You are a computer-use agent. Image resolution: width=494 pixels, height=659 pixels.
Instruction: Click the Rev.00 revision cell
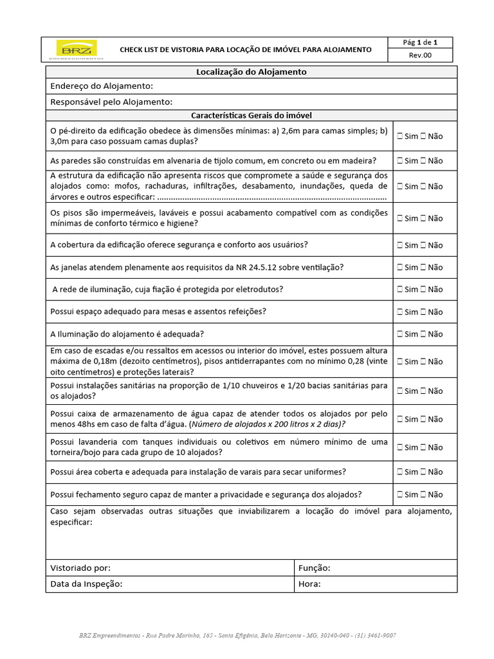pos(421,55)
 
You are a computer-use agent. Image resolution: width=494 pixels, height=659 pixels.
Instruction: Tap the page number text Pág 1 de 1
pos(421,43)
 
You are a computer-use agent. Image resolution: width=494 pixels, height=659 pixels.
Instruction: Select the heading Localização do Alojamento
pos(251,72)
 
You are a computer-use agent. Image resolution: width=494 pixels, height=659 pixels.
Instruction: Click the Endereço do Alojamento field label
pos(102,86)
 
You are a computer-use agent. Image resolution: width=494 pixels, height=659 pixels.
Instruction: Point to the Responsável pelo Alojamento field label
pos(111,102)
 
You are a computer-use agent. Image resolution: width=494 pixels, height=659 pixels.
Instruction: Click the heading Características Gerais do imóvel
pos(251,115)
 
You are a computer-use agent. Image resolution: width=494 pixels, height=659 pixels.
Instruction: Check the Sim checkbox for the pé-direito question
pos(400,136)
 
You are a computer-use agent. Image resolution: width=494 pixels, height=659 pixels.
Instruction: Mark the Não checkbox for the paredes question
pos(424,161)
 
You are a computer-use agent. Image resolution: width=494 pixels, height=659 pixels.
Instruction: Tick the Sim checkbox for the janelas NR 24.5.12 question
pos(400,268)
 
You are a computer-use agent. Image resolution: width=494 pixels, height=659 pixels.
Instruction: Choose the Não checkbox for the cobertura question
pos(424,245)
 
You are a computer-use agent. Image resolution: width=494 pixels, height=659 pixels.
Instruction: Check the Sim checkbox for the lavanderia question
pos(400,447)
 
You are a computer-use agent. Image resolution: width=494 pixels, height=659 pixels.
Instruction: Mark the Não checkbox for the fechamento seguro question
pos(424,495)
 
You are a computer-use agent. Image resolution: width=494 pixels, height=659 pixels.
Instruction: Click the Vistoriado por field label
pos(80,568)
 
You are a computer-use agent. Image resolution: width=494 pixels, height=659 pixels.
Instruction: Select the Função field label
pos(315,568)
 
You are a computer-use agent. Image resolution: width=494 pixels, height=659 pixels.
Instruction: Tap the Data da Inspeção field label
pos(86,584)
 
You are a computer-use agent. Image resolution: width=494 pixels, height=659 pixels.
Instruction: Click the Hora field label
pos(309,584)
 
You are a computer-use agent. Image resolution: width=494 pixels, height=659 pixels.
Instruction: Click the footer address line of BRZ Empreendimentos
pos(237,635)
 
